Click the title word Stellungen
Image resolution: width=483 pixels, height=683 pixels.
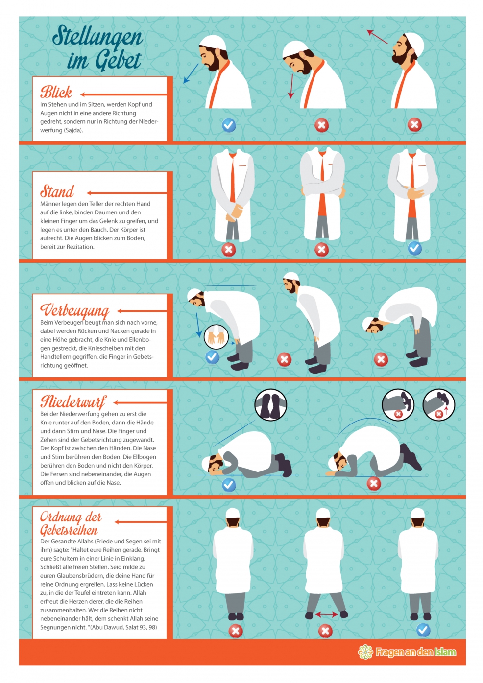coord(97,37)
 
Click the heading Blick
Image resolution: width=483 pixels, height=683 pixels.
coord(56,92)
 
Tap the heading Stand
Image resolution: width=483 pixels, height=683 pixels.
coord(57,191)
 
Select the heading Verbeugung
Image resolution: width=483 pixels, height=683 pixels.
coord(74,311)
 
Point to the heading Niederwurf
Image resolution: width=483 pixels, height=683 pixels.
coord(73,402)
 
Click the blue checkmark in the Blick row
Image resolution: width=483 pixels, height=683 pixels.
coord(229,125)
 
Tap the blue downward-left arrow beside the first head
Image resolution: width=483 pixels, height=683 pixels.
coord(191,73)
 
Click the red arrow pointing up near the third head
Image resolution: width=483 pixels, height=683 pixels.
coord(377,37)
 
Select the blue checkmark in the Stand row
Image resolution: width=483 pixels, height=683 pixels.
coord(414,249)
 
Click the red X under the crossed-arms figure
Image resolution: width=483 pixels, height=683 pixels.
coord(322,250)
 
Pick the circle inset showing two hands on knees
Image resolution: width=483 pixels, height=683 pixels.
coord(217,337)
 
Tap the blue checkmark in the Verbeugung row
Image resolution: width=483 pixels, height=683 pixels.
coord(213,357)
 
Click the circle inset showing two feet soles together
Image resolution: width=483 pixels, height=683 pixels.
coord(270,404)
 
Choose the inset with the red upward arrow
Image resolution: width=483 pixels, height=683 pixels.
coord(439,404)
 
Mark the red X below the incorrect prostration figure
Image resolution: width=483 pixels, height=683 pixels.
coord(374,484)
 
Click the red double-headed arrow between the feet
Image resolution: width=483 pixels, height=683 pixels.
coord(326,615)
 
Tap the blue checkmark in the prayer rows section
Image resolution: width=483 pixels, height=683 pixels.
coord(423,630)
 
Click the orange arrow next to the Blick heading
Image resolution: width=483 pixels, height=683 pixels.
coord(123,94)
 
